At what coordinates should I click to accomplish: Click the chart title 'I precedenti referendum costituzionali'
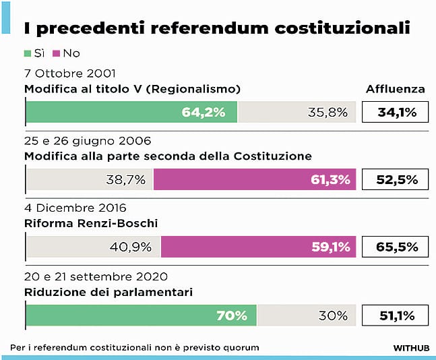217,28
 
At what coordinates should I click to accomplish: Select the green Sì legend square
28,53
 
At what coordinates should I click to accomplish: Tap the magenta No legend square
57,53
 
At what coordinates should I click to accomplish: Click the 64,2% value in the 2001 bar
203,112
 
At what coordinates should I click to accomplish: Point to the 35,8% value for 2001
328,112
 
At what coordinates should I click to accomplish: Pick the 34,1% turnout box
395,112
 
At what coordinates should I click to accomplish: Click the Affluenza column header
395,89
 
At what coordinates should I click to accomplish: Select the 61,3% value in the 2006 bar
330,180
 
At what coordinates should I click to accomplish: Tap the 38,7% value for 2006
126,180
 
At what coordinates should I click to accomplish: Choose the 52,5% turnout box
395,180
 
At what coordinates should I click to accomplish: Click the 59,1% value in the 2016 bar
330,247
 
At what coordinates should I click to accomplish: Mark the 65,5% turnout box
395,247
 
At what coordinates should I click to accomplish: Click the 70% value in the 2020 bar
232,315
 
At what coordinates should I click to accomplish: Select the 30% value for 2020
333,315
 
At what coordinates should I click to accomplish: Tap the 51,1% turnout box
395,315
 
